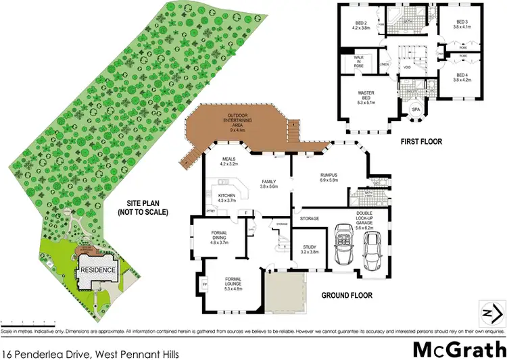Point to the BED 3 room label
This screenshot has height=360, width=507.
point(461,24)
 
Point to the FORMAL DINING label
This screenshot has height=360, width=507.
point(224,238)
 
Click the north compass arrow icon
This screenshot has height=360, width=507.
point(492,313)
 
